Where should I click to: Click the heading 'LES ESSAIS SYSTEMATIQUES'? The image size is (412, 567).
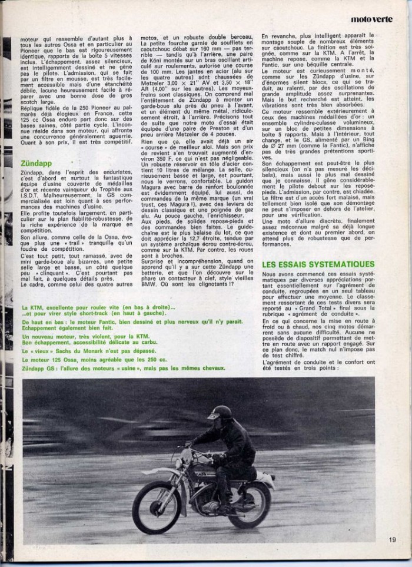318,264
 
